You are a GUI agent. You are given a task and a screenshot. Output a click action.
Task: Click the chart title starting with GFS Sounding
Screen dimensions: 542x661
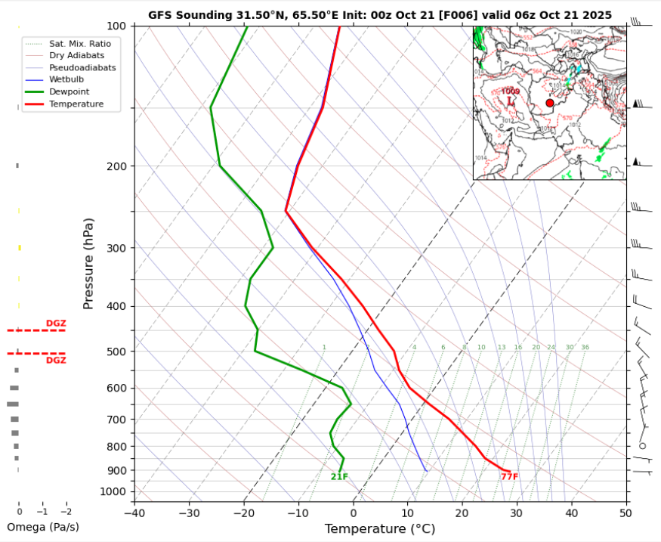click(380, 14)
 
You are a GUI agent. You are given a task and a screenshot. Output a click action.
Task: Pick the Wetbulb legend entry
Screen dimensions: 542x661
click(66, 79)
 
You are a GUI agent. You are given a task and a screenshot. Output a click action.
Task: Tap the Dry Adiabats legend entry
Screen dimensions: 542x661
click(76, 55)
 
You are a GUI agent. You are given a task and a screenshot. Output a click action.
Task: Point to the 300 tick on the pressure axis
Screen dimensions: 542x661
click(122, 248)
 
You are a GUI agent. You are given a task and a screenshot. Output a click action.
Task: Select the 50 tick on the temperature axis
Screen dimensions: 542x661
click(625, 513)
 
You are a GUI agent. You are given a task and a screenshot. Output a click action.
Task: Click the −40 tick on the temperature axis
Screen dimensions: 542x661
click(134, 513)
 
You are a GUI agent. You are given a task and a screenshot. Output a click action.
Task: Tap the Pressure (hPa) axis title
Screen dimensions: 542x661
click(89, 263)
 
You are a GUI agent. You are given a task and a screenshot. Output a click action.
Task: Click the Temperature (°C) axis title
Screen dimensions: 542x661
click(380, 529)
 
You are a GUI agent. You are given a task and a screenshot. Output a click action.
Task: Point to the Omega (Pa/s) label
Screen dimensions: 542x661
click(42, 527)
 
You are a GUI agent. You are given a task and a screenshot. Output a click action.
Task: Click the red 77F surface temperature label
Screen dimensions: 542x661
click(509, 477)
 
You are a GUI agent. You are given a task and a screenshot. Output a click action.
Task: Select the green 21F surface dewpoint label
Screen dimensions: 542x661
click(339, 477)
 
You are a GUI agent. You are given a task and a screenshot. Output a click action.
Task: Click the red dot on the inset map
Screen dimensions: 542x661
click(549, 103)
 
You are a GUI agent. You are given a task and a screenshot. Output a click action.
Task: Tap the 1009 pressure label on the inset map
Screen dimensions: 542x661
click(511, 91)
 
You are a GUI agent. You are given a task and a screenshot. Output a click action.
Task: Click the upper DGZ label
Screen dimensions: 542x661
click(56, 324)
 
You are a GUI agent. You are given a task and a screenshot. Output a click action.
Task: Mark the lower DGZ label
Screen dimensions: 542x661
click(56, 361)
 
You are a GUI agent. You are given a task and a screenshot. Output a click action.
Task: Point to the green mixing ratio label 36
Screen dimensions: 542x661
click(585, 348)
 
